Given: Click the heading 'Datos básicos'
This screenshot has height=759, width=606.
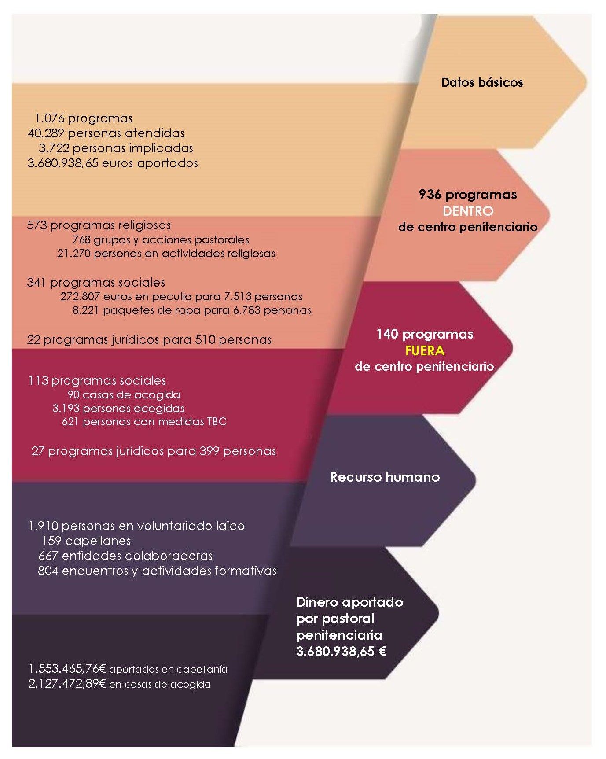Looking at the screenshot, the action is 482,82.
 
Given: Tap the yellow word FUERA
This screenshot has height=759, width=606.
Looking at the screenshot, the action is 425,350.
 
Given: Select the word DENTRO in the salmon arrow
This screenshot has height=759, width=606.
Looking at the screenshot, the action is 468,211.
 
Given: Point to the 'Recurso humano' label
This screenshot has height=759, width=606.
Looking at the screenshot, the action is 385,477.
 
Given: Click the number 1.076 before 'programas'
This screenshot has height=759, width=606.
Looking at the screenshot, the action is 50,118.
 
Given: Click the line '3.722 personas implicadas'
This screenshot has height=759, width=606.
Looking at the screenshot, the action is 116,148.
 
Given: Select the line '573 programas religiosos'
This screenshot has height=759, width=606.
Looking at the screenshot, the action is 99,225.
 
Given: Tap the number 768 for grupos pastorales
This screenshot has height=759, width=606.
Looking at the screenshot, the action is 81,240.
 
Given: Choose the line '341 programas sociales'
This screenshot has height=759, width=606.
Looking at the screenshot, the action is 96,282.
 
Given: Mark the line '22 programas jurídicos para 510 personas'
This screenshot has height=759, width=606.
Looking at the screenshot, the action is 149,340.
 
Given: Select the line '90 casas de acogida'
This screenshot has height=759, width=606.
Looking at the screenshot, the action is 124,394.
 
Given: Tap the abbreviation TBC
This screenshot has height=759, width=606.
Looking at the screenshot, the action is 217,422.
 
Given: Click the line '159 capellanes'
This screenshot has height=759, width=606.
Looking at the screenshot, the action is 86,541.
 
